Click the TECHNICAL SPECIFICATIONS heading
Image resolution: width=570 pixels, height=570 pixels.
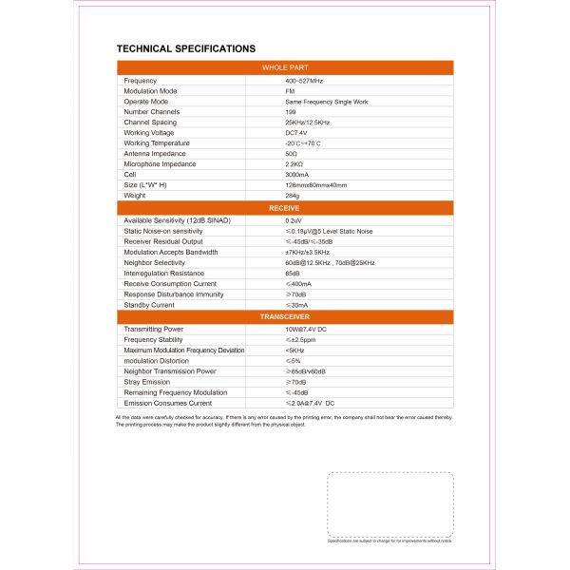[x=185, y=47]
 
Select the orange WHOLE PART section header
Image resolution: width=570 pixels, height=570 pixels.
[x=285, y=68]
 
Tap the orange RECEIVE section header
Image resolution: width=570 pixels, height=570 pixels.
[x=285, y=207]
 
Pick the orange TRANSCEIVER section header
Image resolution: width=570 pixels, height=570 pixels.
[x=285, y=316]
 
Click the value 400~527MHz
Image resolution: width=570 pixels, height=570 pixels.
[x=304, y=81]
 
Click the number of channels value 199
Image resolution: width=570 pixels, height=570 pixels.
[x=291, y=112]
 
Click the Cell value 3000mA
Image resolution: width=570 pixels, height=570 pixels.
[x=297, y=175]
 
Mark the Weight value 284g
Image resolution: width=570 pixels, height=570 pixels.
[x=292, y=196]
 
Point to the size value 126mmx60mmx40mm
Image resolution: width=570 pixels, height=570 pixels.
[x=315, y=185]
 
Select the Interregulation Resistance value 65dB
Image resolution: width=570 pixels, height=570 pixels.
[x=293, y=274]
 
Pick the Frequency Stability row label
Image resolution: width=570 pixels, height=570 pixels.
[x=154, y=339]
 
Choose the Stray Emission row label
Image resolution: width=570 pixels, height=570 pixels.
[x=147, y=382]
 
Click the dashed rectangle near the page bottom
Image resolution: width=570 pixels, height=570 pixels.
[x=390, y=504]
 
